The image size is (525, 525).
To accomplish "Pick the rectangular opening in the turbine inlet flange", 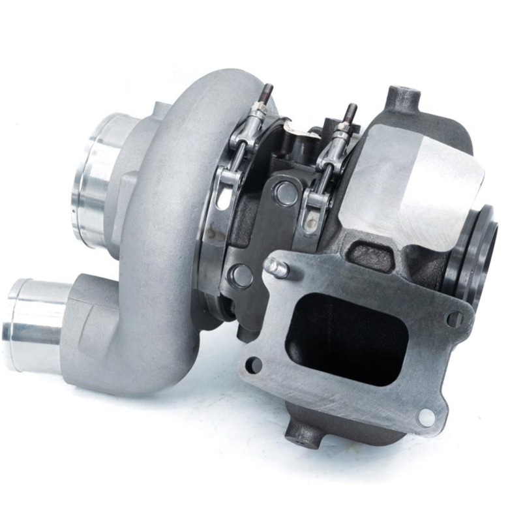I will [346, 336].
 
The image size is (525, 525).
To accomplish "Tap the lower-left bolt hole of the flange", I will [253, 364].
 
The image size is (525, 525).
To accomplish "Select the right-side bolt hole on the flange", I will [454, 318].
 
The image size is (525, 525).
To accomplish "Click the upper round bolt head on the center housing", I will [285, 192].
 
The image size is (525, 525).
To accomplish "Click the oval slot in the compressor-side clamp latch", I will [224, 197].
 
